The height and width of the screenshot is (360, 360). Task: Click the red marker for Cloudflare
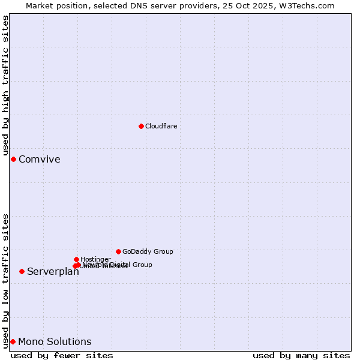(141, 126)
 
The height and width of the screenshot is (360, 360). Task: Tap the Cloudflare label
(161, 126)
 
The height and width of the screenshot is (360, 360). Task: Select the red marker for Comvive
(13, 159)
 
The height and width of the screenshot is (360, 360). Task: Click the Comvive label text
(39, 159)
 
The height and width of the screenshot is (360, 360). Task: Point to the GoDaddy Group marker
(118, 251)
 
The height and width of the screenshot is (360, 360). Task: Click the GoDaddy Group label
(148, 251)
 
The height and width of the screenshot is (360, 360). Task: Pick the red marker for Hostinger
(76, 259)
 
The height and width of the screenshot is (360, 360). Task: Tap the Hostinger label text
(95, 259)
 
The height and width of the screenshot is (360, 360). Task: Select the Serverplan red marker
(22, 271)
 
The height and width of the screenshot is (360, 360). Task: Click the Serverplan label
(53, 272)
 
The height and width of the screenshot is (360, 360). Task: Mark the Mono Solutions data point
(13, 341)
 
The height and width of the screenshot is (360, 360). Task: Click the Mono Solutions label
(55, 342)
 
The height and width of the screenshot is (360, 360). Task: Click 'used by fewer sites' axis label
(62, 355)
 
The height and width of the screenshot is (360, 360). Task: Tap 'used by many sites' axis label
(301, 355)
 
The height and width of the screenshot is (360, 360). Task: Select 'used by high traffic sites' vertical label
(6, 86)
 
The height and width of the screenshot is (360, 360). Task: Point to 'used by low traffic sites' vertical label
(6, 280)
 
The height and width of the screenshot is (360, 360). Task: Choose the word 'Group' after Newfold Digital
(142, 265)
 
